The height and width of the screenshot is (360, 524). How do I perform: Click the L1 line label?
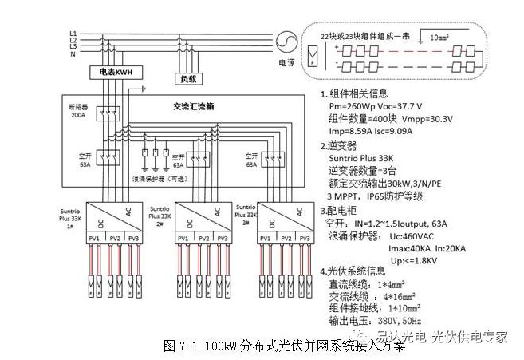click(x=73, y=32)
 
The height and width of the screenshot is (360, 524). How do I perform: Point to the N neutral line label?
click(x=73, y=53)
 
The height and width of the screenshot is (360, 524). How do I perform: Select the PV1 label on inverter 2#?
click(x=183, y=239)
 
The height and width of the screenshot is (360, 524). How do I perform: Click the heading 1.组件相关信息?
click(x=354, y=93)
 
